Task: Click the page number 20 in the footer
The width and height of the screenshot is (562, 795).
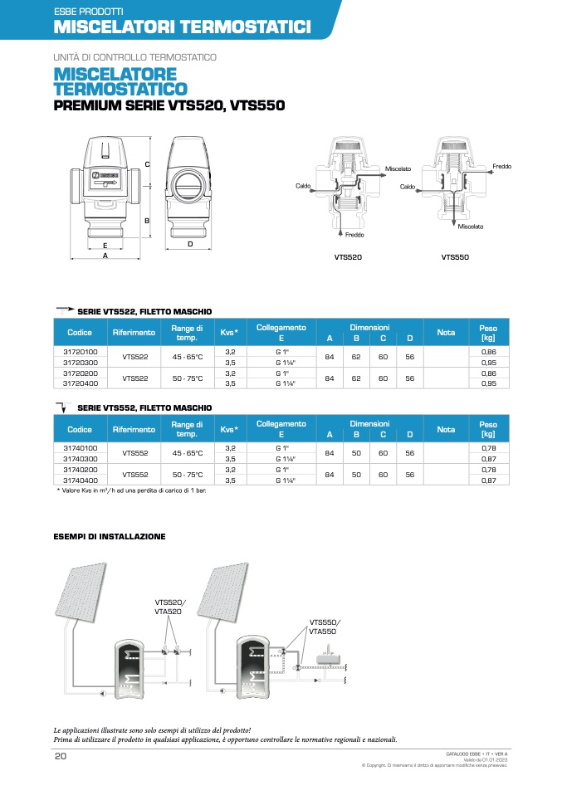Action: point(60,756)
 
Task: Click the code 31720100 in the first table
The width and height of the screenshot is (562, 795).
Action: point(81,353)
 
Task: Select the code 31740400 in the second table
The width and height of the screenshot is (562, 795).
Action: point(81,480)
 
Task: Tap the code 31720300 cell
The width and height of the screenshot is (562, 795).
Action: point(81,363)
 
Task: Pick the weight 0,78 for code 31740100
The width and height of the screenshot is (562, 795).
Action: point(488,449)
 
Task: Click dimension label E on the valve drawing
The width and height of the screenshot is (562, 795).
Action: point(105,246)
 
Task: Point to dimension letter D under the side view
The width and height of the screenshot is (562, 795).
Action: point(190,244)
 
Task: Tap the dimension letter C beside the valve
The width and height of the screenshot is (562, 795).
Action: point(147,164)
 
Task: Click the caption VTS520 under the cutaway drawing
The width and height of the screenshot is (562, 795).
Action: point(348,257)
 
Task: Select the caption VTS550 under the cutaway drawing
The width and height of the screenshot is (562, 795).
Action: point(455,257)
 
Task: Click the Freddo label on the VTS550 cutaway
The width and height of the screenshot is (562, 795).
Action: point(501,167)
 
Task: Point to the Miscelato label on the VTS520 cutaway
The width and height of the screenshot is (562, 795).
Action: point(398,169)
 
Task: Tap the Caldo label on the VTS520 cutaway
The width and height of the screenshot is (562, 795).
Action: point(303,185)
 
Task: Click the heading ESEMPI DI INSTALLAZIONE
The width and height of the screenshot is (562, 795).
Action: point(110,537)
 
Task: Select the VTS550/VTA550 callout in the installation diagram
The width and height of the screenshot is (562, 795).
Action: point(325,627)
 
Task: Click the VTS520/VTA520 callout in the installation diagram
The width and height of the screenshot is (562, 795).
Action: point(170,606)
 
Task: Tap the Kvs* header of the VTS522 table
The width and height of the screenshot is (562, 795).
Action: point(230,333)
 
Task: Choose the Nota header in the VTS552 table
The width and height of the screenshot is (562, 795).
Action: point(446,429)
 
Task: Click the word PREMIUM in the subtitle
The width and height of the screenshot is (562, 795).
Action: point(87,106)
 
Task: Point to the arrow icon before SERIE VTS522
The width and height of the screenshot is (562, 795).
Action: point(64,310)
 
